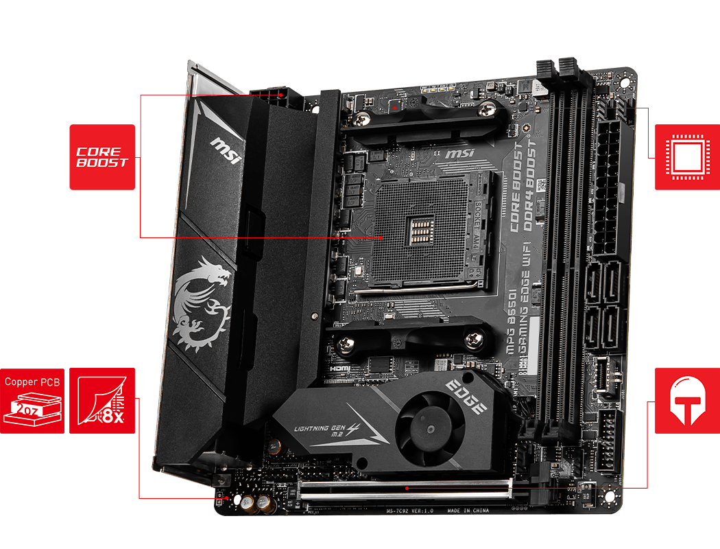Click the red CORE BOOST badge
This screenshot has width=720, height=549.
pyautogui.click(x=101, y=156)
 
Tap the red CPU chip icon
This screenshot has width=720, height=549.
pyautogui.click(x=686, y=157)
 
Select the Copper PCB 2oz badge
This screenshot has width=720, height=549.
pyautogui.click(x=32, y=401)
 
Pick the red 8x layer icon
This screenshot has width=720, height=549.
pyautogui.click(x=102, y=401)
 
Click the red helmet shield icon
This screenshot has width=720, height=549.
pyautogui.click(x=686, y=401)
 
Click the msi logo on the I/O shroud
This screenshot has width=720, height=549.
pyautogui.click(x=226, y=152)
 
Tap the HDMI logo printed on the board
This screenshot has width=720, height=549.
pyautogui.click(x=340, y=369)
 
